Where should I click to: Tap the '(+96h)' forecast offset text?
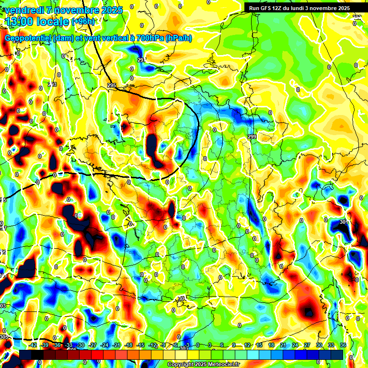coord(83,21)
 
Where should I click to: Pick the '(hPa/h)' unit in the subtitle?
coord(178,38)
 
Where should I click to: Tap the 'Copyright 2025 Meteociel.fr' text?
coord(203,365)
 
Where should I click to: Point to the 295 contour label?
coord(112,85)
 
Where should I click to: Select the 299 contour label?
coord(252,137)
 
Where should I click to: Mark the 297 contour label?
coord(141,60)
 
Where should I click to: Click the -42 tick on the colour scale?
coord(33,345)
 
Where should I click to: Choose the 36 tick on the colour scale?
coord(343,345)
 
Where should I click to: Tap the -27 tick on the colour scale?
coord(93,345)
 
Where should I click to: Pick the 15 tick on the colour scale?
coord(259,345)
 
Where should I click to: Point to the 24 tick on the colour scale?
coord(295,345)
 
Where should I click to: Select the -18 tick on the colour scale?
coord(128,345)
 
